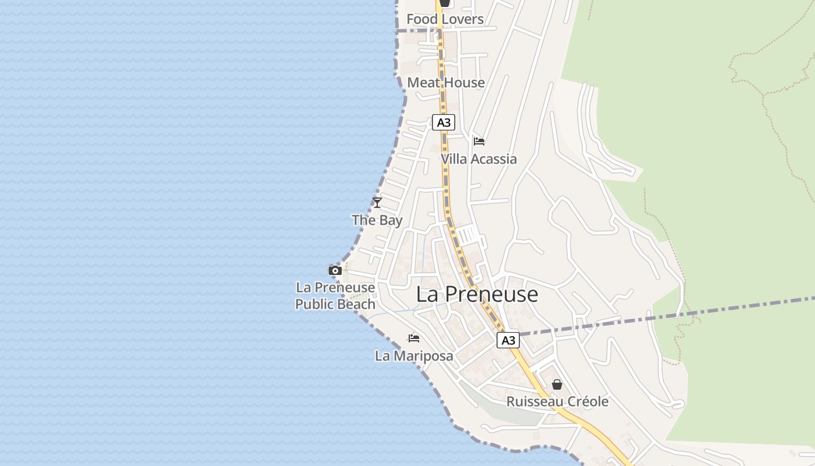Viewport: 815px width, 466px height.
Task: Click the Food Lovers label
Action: click(445, 19)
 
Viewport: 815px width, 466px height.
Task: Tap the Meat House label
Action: click(446, 83)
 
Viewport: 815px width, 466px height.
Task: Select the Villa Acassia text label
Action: click(479, 159)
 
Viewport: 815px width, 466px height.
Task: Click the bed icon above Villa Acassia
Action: click(479, 142)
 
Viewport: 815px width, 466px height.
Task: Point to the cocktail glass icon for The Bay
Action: click(377, 203)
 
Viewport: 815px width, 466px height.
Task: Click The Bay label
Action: click(377, 220)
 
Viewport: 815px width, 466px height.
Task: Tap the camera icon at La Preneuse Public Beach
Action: click(335, 270)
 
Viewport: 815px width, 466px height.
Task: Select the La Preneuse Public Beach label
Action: click(335, 296)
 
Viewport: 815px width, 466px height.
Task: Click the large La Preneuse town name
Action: click(477, 295)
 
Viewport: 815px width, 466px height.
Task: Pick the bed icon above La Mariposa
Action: click(414, 338)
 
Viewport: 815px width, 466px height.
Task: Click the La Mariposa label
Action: click(414, 356)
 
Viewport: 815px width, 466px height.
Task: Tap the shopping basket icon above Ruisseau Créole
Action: click(557, 384)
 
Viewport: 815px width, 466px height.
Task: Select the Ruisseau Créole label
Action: click(557, 402)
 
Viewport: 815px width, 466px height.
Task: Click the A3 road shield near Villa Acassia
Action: click(444, 122)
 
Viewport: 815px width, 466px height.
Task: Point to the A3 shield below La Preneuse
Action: click(508, 340)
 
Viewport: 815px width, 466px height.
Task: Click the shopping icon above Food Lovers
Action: click(445, 3)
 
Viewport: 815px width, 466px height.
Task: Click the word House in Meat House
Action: click(465, 83)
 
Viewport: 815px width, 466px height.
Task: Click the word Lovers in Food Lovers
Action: click(462, 19)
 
